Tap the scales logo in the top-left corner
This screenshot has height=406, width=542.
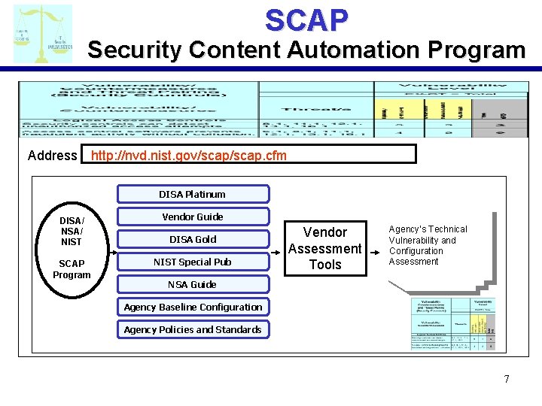click(43, 34)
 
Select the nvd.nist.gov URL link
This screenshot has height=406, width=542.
click(188, 156)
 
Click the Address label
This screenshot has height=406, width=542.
click(52, 156)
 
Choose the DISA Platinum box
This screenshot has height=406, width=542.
click(192, 194)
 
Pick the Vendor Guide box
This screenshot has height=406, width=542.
click(192, 217)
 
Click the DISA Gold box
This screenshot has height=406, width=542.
click(192, 239)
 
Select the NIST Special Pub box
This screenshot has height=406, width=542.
click(192, 262)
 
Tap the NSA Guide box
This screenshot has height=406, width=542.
click(192, 284)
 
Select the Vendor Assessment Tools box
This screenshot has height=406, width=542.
click(325, 248)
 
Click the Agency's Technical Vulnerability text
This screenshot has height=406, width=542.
click(428, 245)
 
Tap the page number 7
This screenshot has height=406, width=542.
click(507, 379)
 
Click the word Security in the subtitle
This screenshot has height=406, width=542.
click(135, 50)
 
